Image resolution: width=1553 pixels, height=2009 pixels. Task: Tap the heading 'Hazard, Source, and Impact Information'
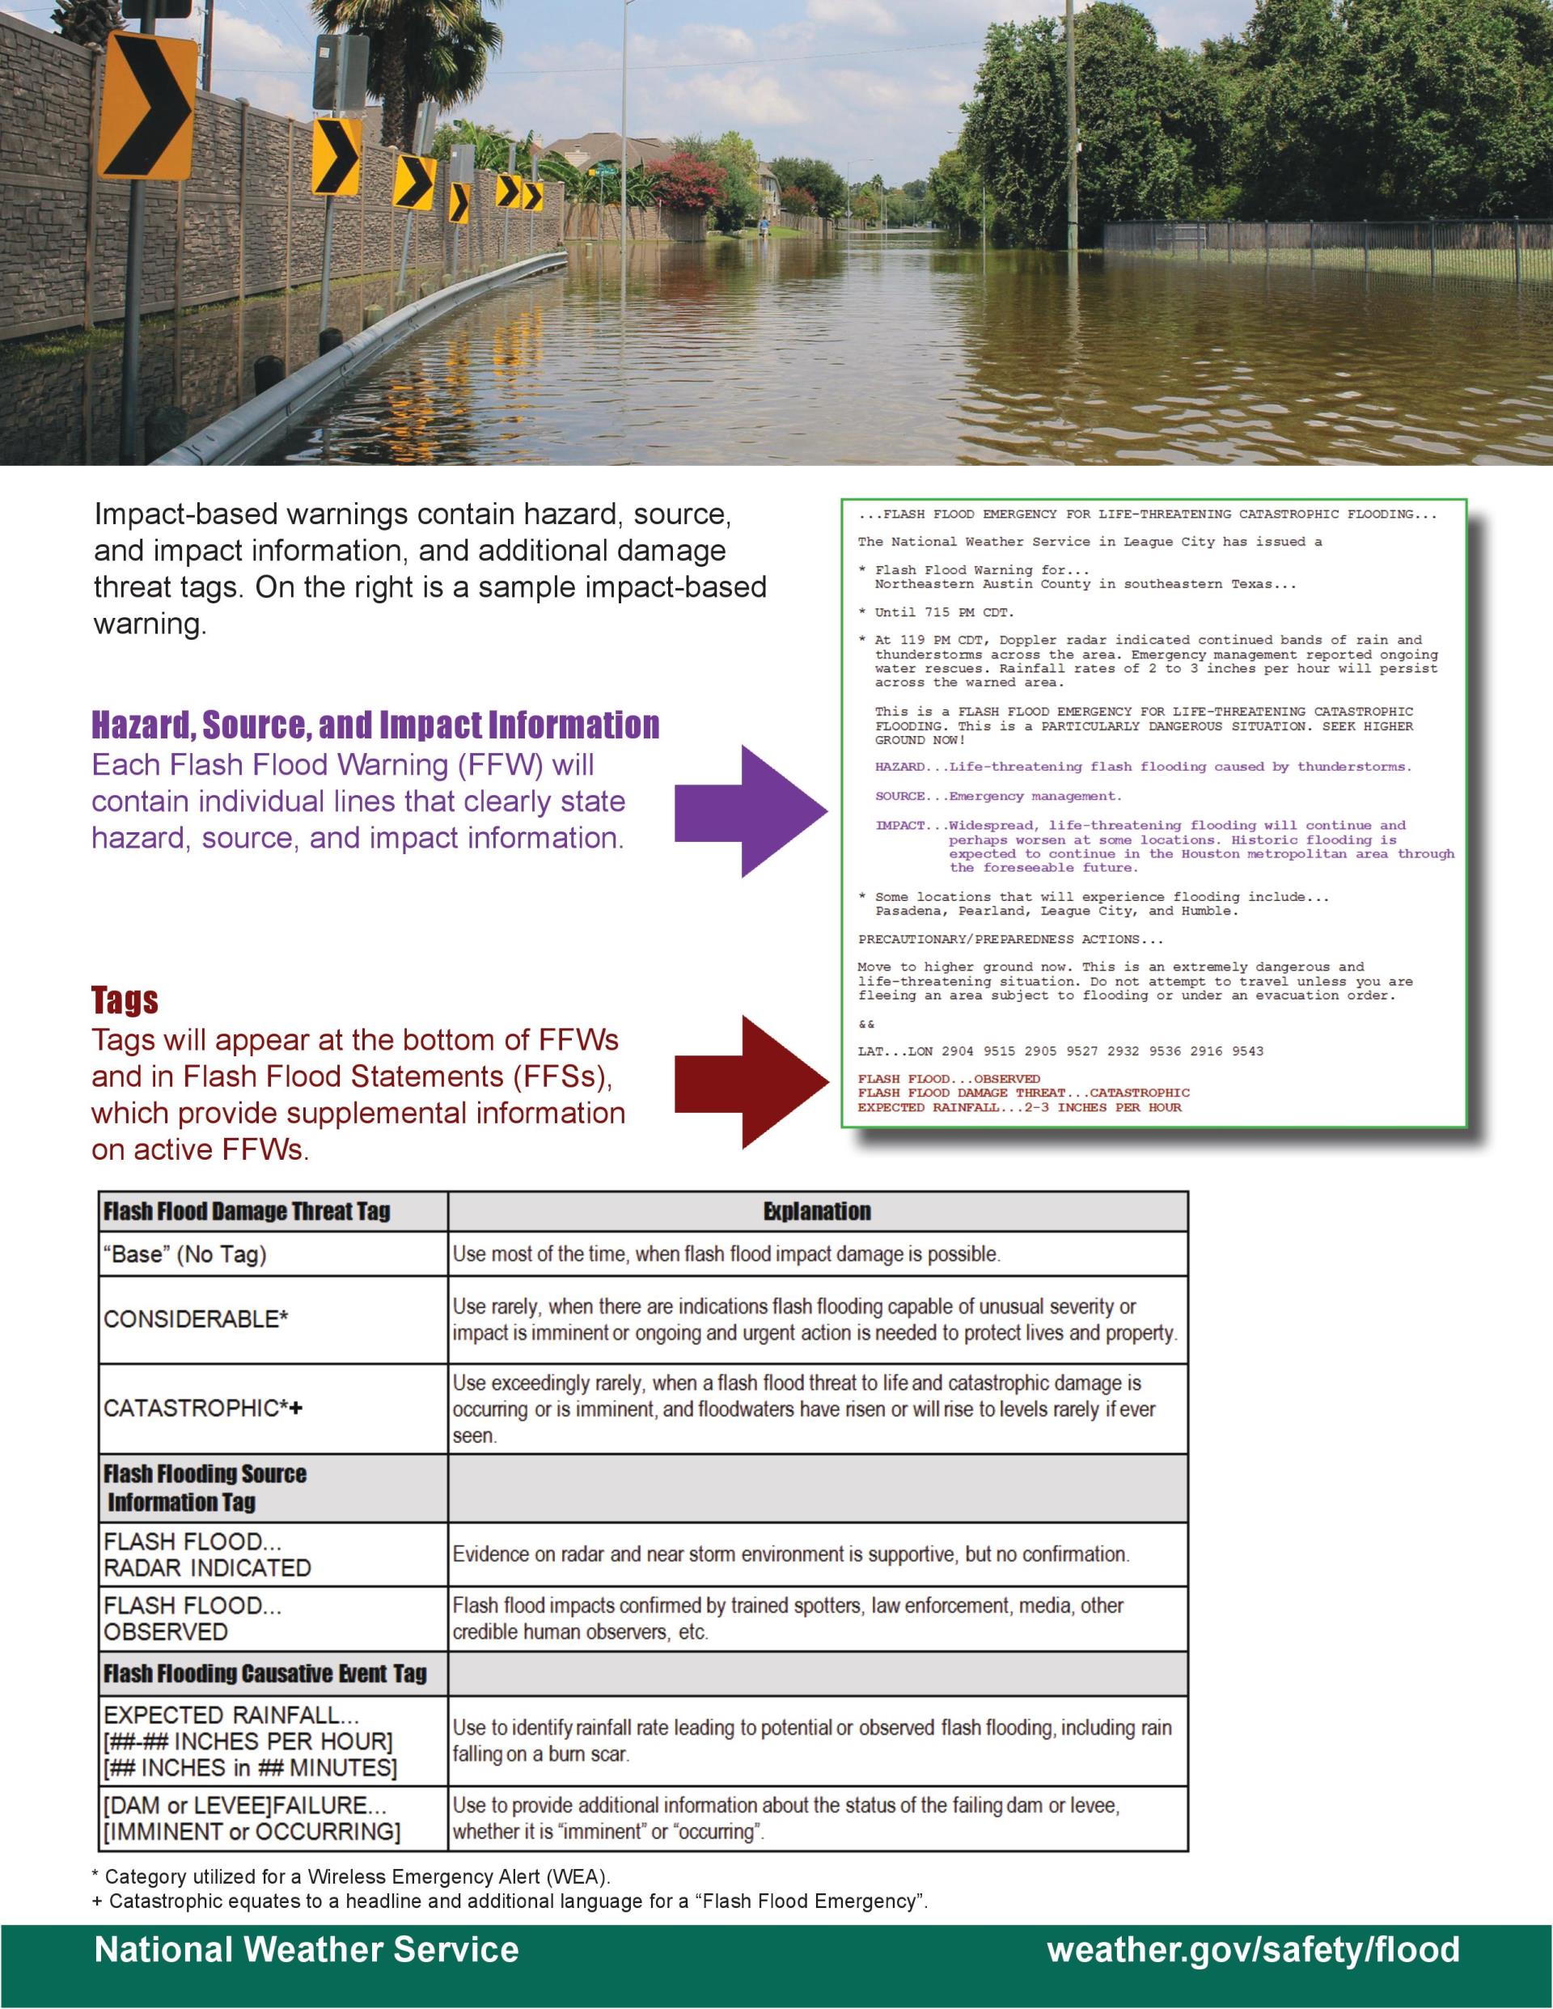375,725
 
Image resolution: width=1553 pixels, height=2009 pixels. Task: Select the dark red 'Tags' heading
125,1000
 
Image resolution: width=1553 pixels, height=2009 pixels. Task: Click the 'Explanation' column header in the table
817,1212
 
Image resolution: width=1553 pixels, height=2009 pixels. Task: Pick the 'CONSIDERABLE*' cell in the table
196,1319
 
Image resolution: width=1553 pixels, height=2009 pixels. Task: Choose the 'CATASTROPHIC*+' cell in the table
203,1408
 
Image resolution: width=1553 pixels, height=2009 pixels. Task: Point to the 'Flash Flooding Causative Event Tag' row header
265,1673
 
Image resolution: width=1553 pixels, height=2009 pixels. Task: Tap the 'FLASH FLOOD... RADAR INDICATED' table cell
207,1554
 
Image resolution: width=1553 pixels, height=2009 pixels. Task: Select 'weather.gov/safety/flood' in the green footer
1253,1949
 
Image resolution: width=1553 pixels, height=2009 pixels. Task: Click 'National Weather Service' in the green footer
307,1949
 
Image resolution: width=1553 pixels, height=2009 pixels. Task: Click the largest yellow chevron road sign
147,104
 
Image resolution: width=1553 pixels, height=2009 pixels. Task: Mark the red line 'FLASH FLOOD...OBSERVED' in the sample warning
949,1079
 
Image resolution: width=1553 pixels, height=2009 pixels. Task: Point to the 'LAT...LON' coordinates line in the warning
1060,1051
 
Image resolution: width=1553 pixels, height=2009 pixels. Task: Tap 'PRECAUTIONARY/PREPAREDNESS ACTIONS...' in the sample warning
1010,939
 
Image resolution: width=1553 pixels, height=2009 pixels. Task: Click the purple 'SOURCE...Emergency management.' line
997,796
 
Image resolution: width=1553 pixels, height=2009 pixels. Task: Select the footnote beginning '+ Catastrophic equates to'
510,1901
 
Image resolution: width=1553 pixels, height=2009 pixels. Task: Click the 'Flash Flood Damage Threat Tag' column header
247,1212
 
